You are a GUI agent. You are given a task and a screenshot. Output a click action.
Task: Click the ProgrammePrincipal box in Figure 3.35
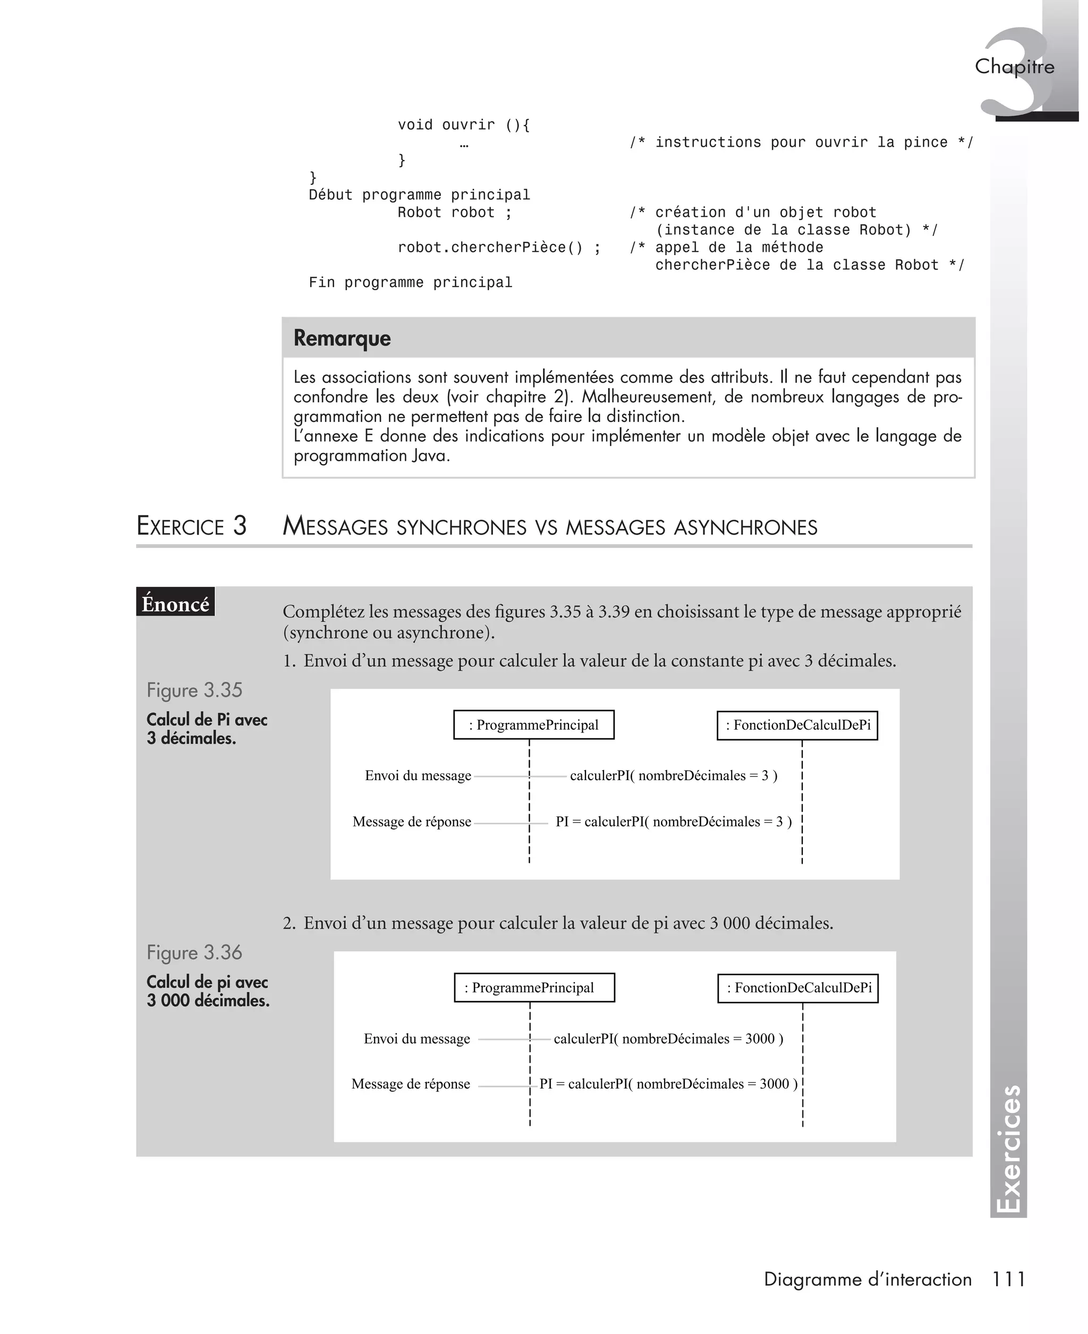coord(533,725)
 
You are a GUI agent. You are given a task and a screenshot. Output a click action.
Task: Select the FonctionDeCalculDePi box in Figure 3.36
coord(797,987)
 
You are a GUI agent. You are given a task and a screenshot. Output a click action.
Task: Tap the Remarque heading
coord(342,338)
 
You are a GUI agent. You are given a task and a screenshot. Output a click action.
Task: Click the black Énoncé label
coord(175,603)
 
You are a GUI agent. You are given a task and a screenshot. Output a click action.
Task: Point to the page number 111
coord(1008,1279)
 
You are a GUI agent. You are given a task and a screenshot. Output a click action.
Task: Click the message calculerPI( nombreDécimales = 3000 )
coord(668,1038)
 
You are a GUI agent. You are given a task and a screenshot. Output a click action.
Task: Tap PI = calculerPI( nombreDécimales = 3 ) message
coord(673,821)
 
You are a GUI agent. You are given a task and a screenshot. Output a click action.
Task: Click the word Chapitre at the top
coord(1014,66)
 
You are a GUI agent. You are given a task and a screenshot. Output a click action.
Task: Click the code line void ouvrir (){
coord(463,125)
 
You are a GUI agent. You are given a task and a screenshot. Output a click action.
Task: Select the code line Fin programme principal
coord(410,283)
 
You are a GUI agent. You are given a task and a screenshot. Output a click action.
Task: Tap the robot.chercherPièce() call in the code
coord(498,248)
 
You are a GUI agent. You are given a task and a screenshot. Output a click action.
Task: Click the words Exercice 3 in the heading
coord(191,526)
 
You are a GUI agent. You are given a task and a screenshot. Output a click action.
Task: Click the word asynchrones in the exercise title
coord(745,527)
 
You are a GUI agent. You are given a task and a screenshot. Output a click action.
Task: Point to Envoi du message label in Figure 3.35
coord(418,775)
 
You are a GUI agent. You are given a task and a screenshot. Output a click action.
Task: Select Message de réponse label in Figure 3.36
coord(411,1083)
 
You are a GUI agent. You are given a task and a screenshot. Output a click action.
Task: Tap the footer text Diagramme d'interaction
coord(867,1279)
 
